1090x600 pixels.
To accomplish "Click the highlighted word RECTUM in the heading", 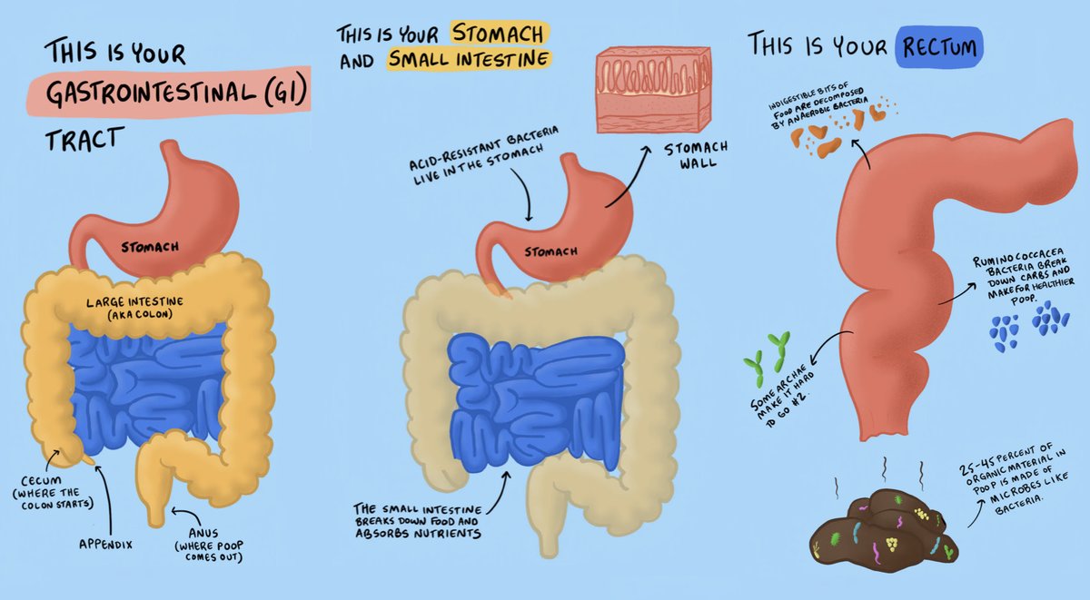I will click(x=939, y=44).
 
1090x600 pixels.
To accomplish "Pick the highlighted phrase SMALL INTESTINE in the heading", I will click(x=469, y=59).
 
